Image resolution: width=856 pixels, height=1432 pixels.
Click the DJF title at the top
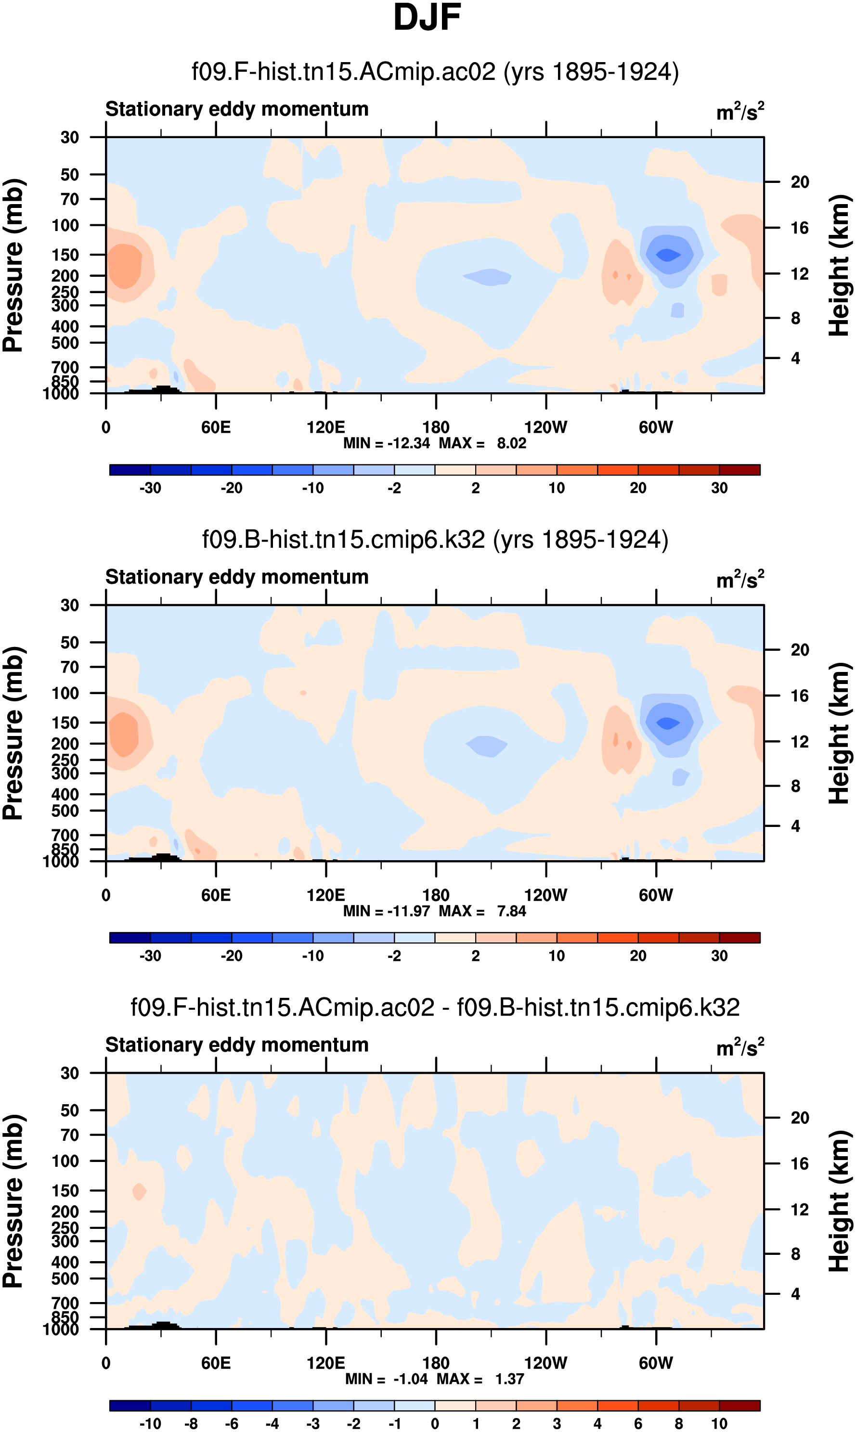point(427,18)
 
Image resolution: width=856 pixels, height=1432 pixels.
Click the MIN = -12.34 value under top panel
point(387,443)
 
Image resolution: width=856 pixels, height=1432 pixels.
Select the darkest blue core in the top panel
point(667,254)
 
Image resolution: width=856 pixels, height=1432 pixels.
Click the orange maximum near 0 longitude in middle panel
point(123,734)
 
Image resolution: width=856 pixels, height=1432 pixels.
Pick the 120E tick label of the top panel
point(325,427)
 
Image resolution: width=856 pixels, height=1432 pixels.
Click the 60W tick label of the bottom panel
point(655,1363)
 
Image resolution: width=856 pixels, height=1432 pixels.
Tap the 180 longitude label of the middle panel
point(436,895)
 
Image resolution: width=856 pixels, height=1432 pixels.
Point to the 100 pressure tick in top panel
point(65,225)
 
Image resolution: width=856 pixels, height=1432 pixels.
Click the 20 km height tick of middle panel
point(800,650)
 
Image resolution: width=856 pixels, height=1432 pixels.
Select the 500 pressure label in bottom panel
point(65,1278)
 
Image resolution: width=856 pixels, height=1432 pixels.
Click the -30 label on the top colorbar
point(150,488)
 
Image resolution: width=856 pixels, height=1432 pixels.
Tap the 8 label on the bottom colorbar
point(678,1424)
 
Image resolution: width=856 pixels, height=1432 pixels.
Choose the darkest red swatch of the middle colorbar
point(739,937)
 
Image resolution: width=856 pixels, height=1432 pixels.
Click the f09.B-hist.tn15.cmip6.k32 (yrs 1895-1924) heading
point(435,540)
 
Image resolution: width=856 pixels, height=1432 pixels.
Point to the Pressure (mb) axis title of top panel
point(13,265)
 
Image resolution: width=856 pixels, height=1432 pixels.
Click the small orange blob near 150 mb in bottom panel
point(139,1191)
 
